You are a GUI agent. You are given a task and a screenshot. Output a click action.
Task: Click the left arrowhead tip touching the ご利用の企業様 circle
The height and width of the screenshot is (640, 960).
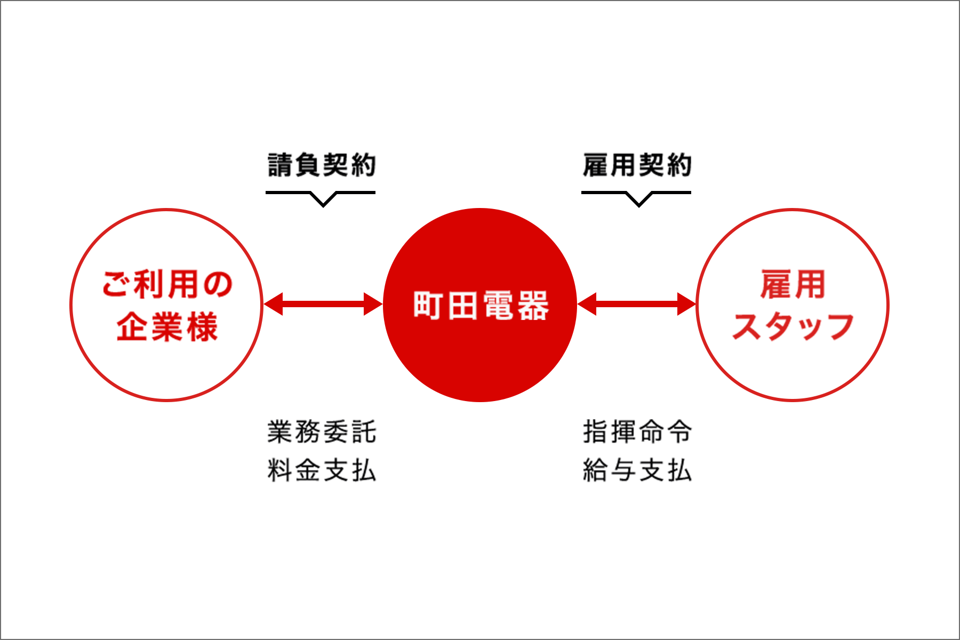[264, 304]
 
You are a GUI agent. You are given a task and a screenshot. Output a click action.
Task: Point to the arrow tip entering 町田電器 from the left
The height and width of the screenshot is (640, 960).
[382, 304]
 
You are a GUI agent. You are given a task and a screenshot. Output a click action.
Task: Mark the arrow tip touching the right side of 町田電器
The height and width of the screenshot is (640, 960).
[578, 304]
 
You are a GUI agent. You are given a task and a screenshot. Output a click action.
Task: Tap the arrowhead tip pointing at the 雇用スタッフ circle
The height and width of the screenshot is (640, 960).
[696, 304]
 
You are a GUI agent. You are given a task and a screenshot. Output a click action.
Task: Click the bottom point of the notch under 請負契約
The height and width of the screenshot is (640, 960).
[323, 206]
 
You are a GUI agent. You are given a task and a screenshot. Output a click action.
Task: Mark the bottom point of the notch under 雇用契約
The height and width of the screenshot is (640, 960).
[638, 206]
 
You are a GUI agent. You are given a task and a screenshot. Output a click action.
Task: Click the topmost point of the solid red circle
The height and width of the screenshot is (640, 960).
[480, 208]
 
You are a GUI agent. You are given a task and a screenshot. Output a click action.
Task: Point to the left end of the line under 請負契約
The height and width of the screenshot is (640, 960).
[266, 193]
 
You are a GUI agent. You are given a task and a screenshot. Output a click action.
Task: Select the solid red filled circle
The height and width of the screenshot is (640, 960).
[480, 305]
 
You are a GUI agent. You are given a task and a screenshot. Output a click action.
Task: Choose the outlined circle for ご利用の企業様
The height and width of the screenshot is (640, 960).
[166, 305]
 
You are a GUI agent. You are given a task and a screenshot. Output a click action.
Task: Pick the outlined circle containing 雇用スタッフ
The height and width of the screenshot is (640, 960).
[793, 305]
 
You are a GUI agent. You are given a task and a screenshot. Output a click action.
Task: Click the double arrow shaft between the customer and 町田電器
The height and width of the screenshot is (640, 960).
[323, 304]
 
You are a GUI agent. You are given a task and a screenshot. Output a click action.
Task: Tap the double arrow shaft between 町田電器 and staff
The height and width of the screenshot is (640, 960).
[637, 304]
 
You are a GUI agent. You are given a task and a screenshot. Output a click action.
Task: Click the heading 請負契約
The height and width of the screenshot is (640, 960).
[322, 165]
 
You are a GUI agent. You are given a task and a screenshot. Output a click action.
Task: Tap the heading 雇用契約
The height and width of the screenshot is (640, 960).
[637, 165]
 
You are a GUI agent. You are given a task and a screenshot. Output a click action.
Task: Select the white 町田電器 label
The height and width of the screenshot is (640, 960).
[481, 306]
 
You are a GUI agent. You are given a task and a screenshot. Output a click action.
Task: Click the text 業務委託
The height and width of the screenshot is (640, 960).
[322, 431]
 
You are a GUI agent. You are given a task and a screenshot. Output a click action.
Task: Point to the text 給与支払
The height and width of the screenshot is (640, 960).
[637, 470]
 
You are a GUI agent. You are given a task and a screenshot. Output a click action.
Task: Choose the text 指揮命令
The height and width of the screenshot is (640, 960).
[637, 431]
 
